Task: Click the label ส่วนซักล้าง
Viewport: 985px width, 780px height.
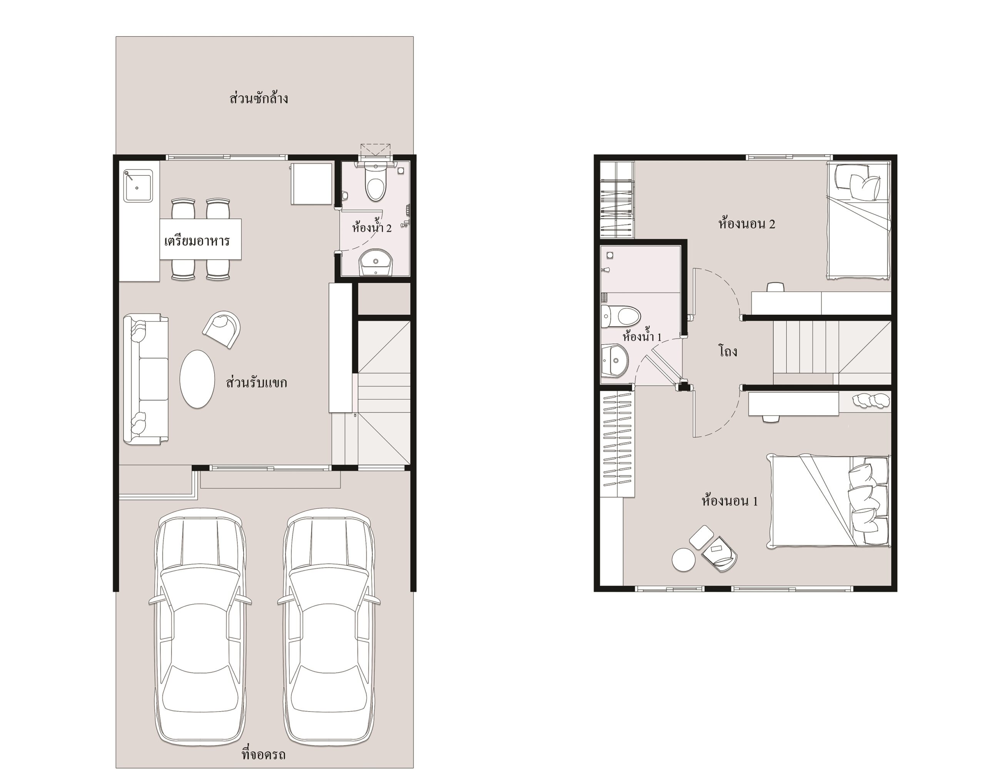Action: click(259, 98)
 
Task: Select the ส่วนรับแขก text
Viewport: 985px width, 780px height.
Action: click(257, 382)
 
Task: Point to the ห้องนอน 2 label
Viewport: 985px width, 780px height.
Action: click(746, 224)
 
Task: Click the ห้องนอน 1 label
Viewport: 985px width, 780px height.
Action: click(730, 501)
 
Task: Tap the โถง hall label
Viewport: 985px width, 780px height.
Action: click(728, 351)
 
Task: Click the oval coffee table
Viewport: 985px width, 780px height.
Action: click(197, 379)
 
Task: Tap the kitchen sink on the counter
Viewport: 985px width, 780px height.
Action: click(139, 185)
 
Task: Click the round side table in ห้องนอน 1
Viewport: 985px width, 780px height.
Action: click(683, 559)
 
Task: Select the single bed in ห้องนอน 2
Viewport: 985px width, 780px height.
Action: click(858, 220)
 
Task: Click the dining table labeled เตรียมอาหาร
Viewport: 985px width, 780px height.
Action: click(200, 239)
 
